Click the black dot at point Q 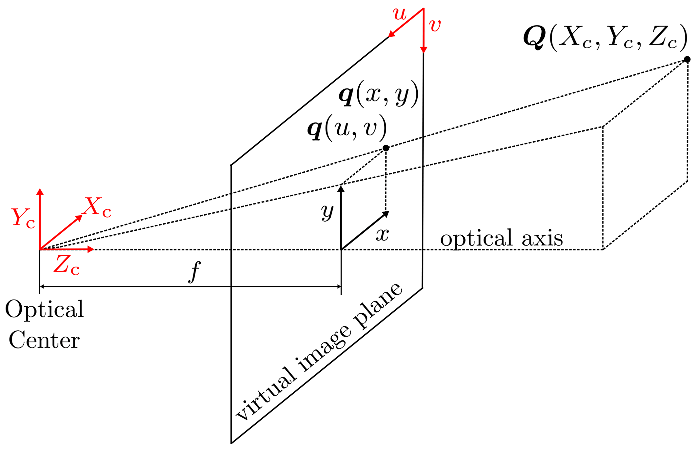point(687,59)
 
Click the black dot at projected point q point(386,148)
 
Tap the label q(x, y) point(379,94)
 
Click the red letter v point(435,26)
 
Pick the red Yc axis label point(23,218)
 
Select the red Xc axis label point(97,207)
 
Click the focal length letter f point(194,271)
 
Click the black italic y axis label point(327,212)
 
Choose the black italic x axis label point(382,234)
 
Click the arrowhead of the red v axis point(423,50)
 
